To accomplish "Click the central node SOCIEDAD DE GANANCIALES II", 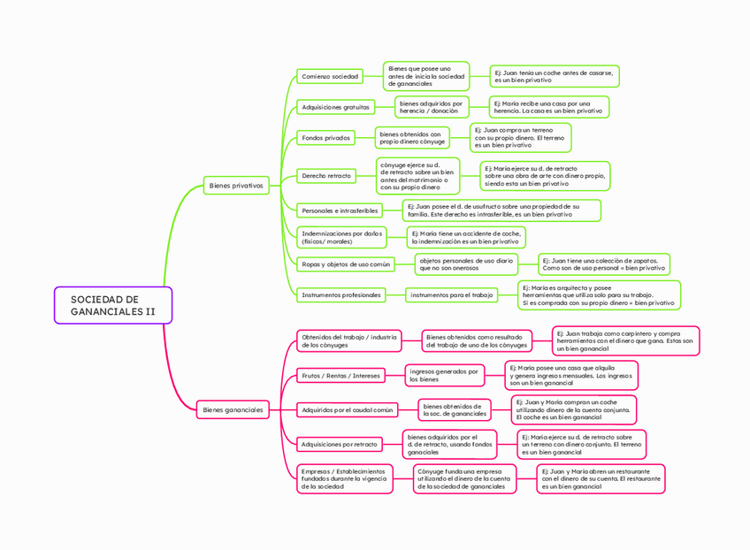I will [112, 305].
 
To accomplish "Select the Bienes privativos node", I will [235, 186].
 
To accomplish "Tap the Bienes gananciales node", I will [233, 409].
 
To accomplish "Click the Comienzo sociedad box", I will [330, 77].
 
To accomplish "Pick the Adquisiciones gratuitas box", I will [335, 107].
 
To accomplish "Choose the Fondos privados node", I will [325, 138].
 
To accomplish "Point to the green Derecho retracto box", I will [326, 176].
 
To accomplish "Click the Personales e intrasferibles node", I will [340, 210].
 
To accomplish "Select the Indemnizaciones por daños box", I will [341, 237].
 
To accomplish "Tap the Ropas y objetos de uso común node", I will [345, 264].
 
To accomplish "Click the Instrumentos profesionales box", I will [341, 294].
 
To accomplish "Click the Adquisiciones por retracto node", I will [339, 444].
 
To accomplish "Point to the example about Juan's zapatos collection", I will [604, 264].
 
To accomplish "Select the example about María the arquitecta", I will [598, 295].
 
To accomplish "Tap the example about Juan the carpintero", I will [624, 341].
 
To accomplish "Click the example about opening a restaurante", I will [601, 478].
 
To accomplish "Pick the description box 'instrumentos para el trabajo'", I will [451, 294].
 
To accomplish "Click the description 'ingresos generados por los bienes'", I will [445, 376].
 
